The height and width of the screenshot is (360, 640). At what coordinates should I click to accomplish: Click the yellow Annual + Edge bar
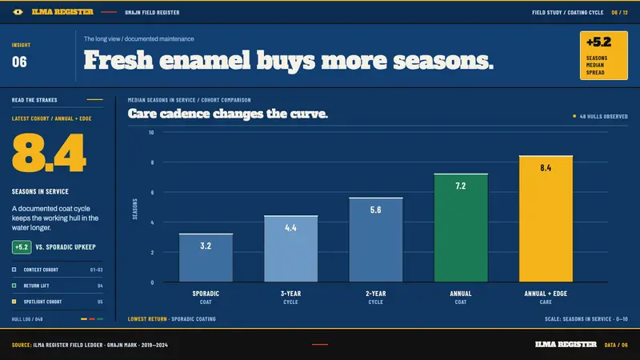click(x=546, y=218)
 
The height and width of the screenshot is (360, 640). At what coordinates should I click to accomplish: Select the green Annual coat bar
click(x=461, y=228)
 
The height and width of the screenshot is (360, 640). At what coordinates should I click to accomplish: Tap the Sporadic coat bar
click(x=206, y=258)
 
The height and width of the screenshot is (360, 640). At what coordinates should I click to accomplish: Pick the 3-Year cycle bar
click(x=290, y=249)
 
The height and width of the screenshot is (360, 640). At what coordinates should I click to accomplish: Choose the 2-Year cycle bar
click(x=375, y=239)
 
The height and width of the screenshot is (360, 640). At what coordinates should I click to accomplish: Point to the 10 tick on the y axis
click(x=151, y=132)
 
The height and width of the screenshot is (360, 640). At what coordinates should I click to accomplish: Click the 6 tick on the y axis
click(x=152, y=192)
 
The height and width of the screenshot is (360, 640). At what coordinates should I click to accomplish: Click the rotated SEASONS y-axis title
click(x=134, y=209)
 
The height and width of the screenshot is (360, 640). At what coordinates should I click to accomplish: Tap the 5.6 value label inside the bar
click(x=375, y=210)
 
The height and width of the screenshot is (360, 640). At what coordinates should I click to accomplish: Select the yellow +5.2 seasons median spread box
click(x=604, y=55)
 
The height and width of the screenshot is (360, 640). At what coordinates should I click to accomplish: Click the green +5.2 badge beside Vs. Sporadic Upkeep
click(x=22, y=247)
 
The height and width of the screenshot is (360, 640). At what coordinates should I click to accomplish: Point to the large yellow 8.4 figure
click(x=49, y=153)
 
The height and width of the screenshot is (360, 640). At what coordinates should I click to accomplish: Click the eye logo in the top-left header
click(x=18, y=12)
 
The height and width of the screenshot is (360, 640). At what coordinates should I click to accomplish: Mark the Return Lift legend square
click(x=14, y=286)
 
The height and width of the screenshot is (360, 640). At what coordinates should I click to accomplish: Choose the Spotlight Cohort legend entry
click(x=42, y=302)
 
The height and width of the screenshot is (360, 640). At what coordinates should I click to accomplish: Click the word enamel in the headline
click(x=205, y=61)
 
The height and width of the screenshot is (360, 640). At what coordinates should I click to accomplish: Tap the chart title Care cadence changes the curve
click(x=228, y=114)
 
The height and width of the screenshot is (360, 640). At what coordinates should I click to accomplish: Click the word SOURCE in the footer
click(x=22, y=345)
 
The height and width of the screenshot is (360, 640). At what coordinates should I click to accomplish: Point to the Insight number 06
click(x=19, y=62)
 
